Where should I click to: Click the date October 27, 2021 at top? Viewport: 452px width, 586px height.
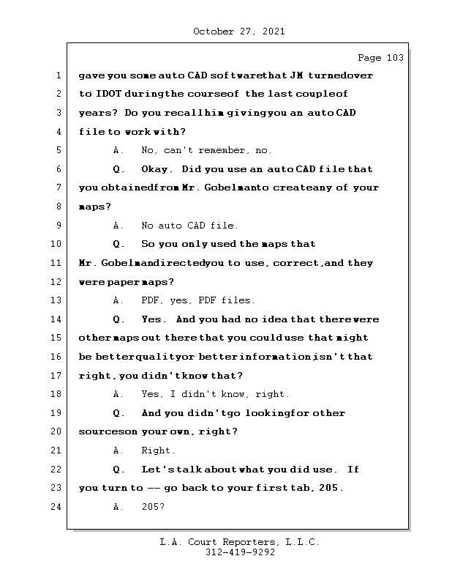239,31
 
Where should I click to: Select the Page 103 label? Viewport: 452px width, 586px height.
380,58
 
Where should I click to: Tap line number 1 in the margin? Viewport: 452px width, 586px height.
58,75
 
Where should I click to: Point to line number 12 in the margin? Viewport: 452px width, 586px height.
56,281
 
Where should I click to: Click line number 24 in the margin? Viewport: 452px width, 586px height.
56,507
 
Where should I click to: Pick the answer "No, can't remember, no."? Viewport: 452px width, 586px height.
206,150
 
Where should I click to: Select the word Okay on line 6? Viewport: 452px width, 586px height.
156,169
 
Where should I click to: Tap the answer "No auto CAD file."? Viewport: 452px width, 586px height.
189,226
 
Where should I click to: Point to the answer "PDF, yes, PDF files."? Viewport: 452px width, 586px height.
197,300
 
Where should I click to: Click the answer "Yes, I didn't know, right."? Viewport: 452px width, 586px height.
216,394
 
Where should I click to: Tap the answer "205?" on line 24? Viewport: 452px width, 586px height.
152,507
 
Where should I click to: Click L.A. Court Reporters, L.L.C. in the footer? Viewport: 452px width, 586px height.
239,542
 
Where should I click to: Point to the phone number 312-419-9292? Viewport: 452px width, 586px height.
239,553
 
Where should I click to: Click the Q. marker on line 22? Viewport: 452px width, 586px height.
118,470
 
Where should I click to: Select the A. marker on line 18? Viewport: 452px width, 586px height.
118,394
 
